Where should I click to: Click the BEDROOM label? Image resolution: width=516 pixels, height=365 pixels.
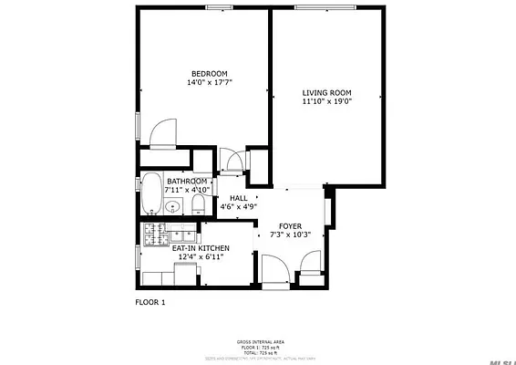209,74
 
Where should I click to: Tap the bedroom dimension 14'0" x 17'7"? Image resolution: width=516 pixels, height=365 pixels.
209,83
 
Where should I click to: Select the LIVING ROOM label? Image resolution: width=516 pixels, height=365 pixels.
326,93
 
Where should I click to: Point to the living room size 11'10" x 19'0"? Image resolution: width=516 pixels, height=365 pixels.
326,102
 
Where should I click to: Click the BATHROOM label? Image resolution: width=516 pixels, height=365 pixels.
186,182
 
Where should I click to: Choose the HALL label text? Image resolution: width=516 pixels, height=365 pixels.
238,198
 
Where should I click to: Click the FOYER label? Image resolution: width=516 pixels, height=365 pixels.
289,225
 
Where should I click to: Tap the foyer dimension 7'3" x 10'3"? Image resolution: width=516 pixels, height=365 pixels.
289,235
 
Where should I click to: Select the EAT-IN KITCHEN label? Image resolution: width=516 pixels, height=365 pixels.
201,248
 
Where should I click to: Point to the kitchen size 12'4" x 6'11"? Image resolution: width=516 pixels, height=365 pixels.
201,257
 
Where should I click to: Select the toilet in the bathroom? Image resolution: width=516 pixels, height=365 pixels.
199,202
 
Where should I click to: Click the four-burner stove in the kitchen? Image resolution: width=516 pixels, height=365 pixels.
152,232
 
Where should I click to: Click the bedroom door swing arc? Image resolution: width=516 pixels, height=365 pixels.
164,133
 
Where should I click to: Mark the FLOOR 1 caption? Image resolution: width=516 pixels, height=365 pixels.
150,301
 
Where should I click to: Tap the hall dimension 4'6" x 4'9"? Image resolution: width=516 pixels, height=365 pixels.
238,207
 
